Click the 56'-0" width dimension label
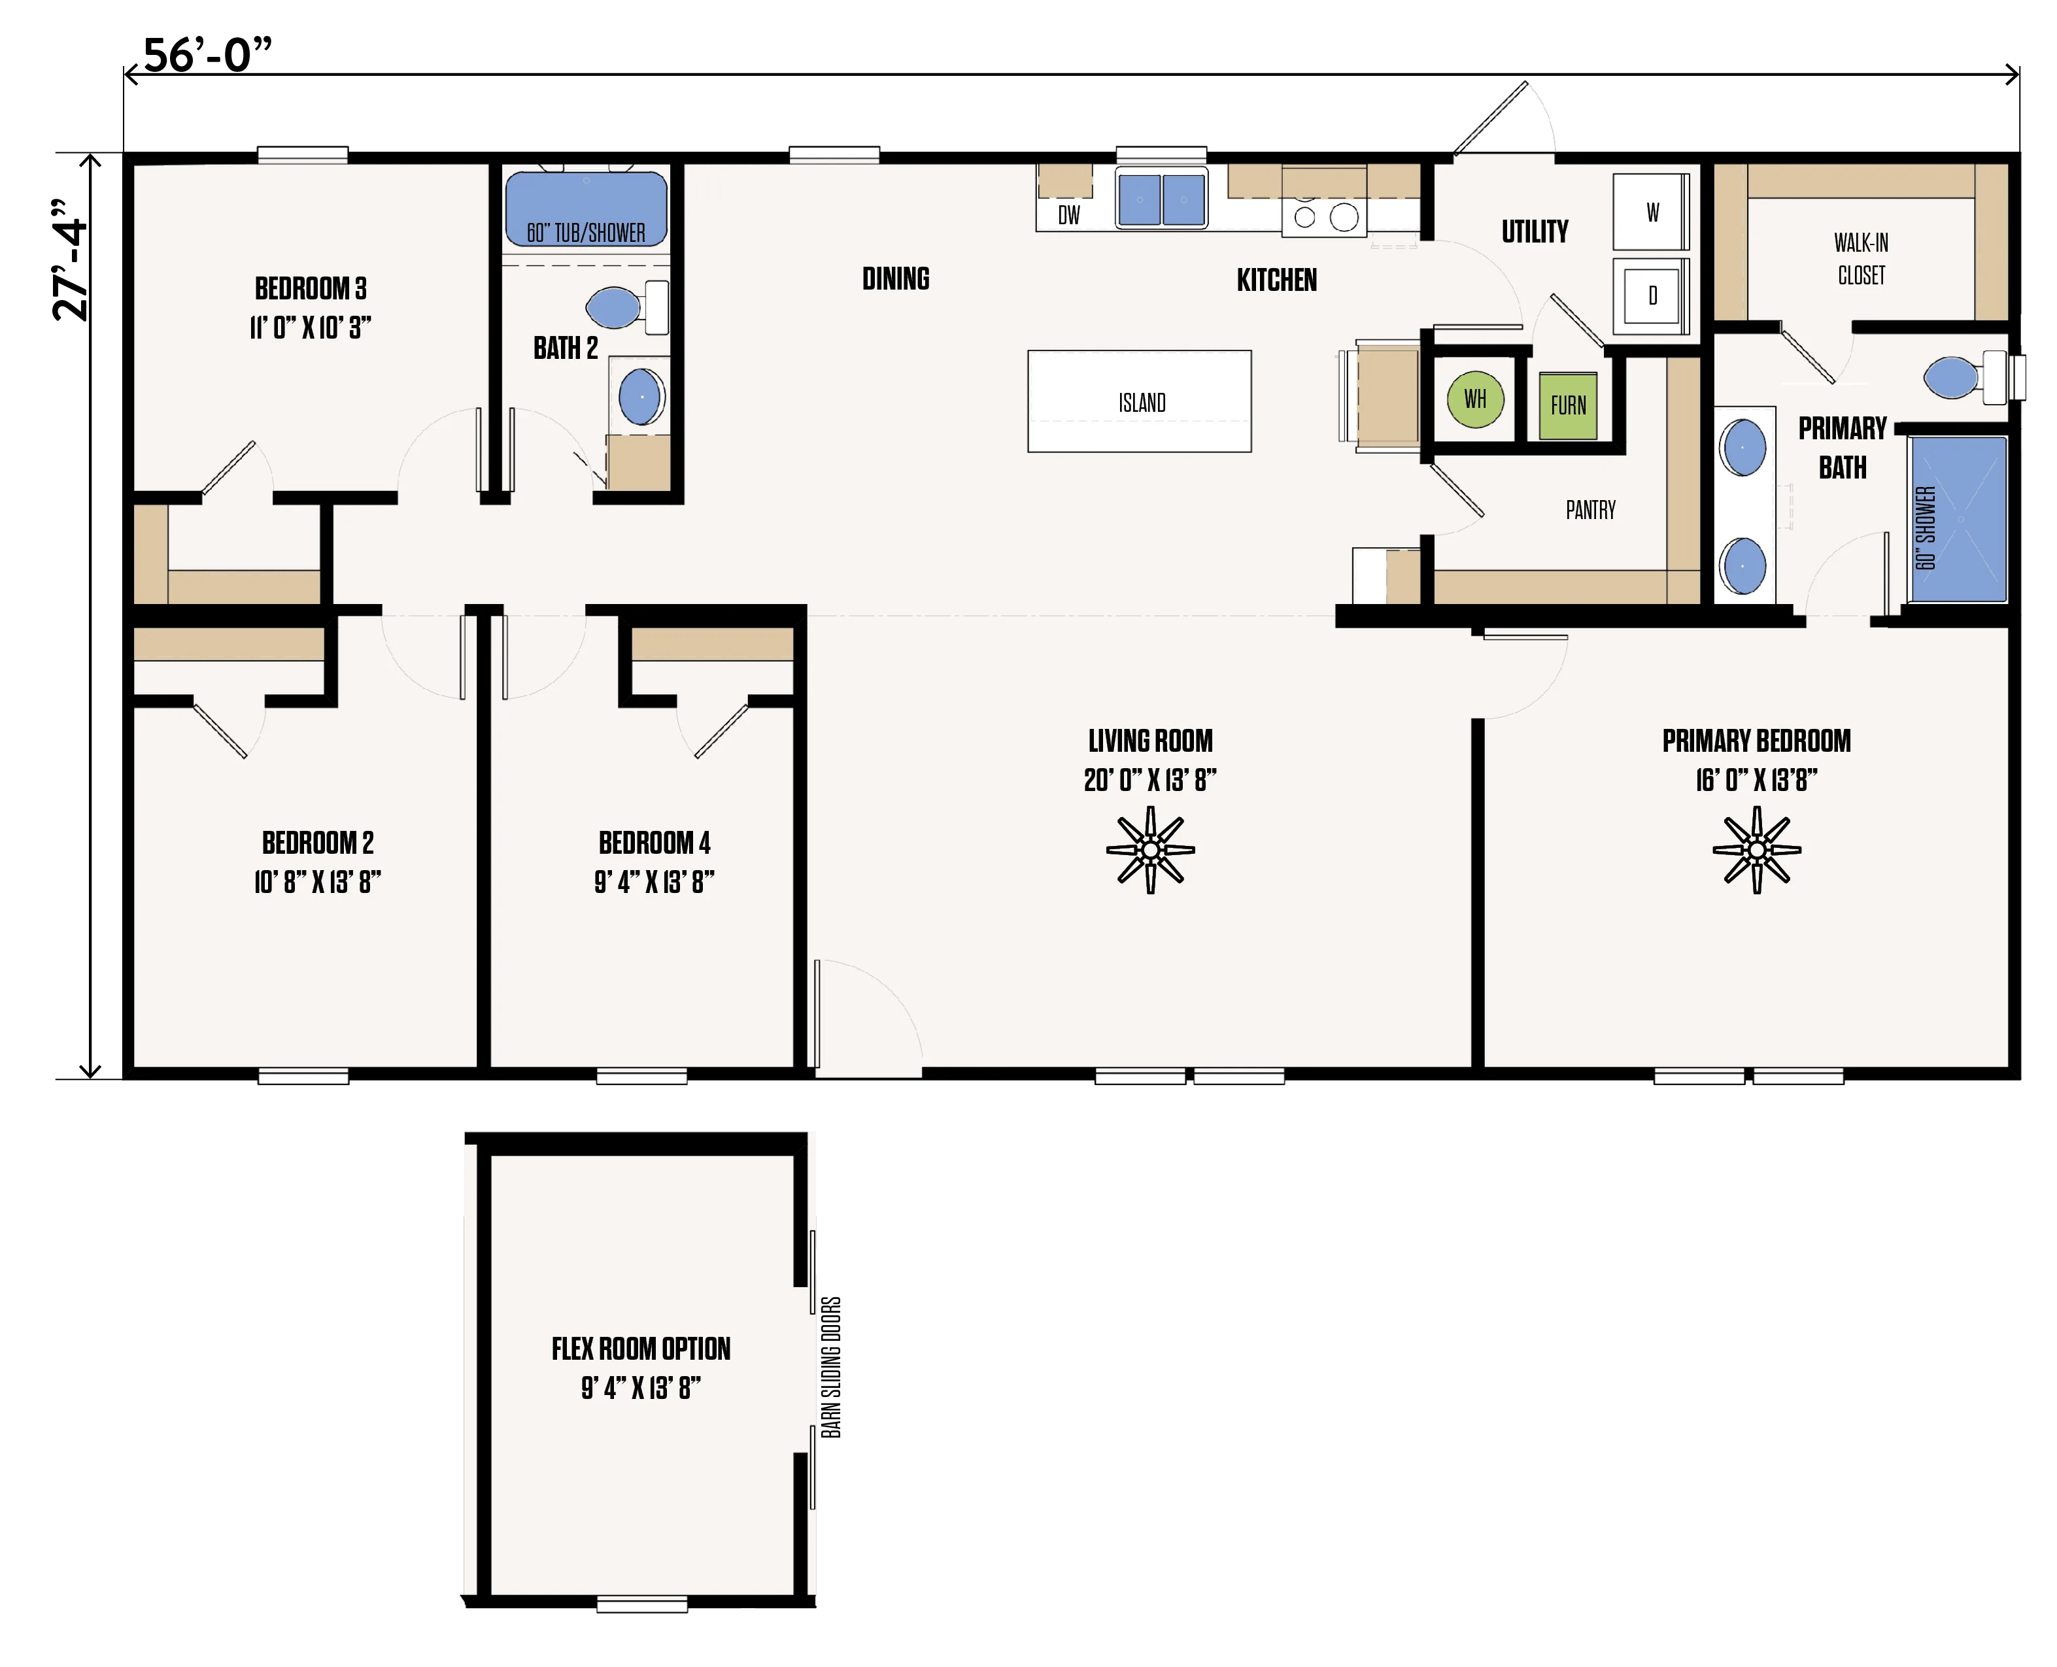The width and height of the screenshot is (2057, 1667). coord(207,55)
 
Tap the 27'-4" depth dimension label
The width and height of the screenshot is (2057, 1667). coord(70,260)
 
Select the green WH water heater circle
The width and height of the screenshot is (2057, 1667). coord(1475,399)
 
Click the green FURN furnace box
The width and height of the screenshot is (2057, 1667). coord(1567,405)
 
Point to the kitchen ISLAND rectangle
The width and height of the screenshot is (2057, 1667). coord(1139,401)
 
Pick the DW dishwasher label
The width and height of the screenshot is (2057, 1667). coord(1069,215)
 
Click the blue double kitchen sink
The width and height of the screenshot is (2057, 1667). coord(1161,200)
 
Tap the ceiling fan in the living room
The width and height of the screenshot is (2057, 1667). coord(1151,850)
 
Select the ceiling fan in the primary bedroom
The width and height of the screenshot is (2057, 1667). coord(1756,850)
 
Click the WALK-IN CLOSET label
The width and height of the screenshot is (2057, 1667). coord(1861,260)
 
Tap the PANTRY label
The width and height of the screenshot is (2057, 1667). coord(1590,510)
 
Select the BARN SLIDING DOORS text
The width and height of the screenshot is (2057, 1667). coord(830,1368)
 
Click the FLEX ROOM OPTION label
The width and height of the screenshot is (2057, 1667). coord(641,1349)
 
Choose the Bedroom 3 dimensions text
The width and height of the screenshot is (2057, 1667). coord(310,328)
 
